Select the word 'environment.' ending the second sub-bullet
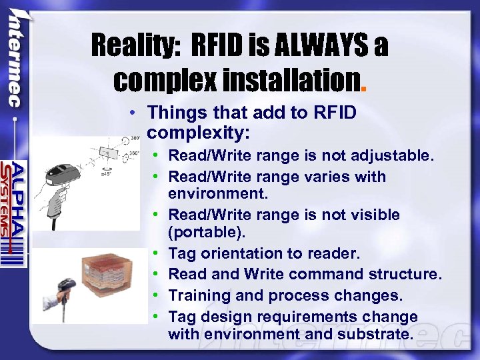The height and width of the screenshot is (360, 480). [217, 194]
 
